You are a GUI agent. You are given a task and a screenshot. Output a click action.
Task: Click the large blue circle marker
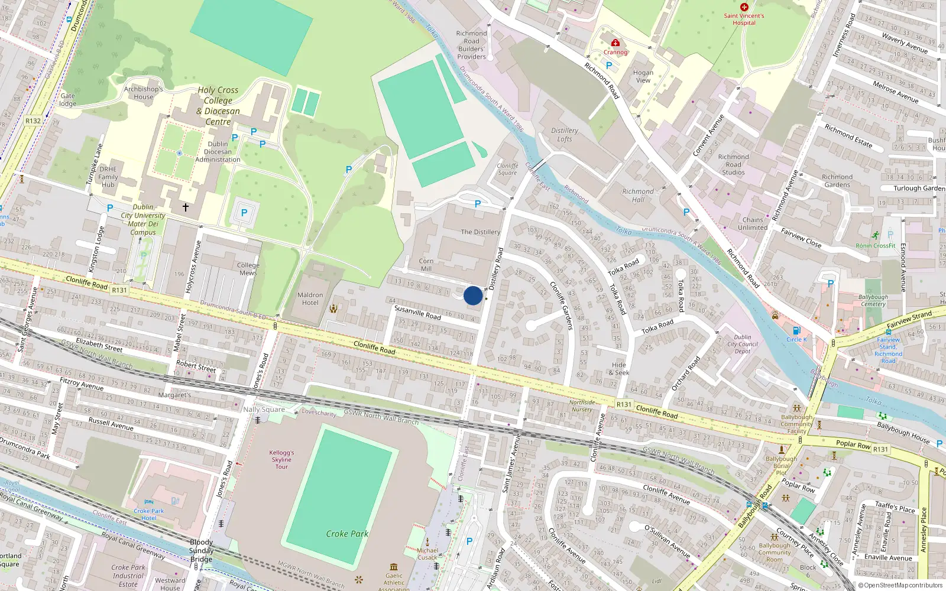[x=473, y=295]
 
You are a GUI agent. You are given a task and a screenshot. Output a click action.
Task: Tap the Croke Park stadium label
[x=347, y=534]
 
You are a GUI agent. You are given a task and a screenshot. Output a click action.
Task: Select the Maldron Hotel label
[x=310, y=298]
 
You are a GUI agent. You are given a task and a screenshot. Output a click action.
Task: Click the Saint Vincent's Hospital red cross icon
[x=744, y=7]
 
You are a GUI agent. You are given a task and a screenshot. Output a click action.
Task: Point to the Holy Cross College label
[x=218, y=106]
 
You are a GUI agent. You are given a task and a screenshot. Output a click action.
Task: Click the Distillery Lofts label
[x=565, y=135]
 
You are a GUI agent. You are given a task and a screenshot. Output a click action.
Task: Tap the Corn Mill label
[x=426, y=265]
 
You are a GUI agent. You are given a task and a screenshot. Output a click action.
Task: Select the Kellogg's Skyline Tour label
[x=281, y=460]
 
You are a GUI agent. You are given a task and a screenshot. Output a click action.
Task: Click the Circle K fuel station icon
[x=796, y=330]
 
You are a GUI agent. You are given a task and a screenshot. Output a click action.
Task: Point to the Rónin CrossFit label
[x=876, y=246]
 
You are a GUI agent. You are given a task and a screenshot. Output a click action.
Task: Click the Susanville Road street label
[x=417, y=312]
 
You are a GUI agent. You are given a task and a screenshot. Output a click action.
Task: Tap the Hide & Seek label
[x=619, y=369]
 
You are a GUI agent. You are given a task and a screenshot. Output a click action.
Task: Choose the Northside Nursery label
[x=582, y=406]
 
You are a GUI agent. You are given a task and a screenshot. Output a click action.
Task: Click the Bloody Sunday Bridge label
[x=201, y=550]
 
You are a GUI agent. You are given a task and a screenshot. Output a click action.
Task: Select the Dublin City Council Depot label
[x=743, y=344]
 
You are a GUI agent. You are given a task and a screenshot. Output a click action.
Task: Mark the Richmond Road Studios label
[x=733, y=165]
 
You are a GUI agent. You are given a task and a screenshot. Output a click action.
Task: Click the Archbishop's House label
[x=144, y=93]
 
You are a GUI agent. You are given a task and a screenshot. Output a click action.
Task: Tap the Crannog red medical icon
[x=615, y=43]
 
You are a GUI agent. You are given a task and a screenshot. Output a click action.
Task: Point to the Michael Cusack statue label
[x=427, y=554]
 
